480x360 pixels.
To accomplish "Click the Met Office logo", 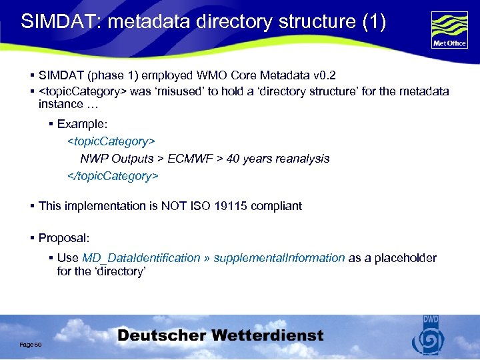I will (x=449, y=30).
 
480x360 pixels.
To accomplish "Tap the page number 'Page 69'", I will (x=31, y=343).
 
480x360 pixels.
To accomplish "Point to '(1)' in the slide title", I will (x=374, y=21).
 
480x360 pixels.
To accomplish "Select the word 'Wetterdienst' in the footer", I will (x=265, y=336).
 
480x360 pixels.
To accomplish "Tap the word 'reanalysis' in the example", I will (x=297, y=159).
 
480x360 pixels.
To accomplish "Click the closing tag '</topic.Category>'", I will (x=113, y=176).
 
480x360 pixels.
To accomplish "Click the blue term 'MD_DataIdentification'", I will (x=141, y=258).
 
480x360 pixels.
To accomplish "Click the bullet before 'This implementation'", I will (x=32, y=206).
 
